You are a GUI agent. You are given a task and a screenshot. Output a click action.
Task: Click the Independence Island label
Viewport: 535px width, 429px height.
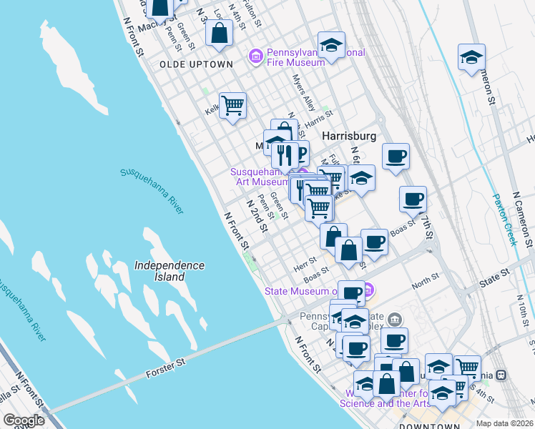(169, 271)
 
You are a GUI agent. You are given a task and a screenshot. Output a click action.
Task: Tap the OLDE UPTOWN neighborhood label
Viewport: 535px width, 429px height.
(196, 64)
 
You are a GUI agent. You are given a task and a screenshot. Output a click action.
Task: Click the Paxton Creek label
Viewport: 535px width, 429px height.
(505, 221)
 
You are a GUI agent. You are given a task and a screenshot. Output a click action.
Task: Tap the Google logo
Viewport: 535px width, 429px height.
(24, 420)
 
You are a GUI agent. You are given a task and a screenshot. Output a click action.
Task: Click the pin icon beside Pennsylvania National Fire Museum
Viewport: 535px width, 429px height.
(255, 56)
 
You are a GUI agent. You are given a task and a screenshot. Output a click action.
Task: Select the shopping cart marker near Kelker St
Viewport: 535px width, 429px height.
(232, 107)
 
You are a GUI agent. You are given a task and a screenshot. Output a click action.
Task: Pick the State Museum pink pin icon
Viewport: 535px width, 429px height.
(368, 290)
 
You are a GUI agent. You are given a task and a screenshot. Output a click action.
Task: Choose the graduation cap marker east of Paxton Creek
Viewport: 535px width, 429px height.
(471, 58)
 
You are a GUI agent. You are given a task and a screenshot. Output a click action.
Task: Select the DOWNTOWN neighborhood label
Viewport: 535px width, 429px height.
(429, 425)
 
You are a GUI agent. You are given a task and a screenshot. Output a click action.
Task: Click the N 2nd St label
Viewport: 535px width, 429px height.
(256, 216)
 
